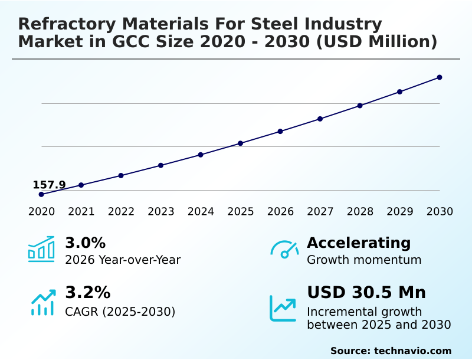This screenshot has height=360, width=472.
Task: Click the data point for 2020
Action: [x=41, y=194]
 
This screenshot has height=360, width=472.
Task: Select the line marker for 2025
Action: [x=241, y=143]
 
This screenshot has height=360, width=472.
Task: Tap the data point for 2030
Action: [x=440, y=77]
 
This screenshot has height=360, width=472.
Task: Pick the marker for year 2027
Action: [x=320, y=119]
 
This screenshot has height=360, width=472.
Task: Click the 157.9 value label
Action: [x=49, y=185]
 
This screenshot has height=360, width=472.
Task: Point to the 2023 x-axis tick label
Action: [x=160, y=211]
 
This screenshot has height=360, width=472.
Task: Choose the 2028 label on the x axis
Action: [x=360, y=211]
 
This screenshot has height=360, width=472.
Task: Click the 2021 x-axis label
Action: [x=81, y=211]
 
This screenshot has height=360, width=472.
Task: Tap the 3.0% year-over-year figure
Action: [x=85, y=243]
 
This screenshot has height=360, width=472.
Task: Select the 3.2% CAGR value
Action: [x=87, y=293]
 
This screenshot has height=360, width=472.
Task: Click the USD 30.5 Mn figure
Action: [x=366, y=293]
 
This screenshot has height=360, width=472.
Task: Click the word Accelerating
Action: [x=359, y=243]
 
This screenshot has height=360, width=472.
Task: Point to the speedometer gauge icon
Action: [x=284, y=250]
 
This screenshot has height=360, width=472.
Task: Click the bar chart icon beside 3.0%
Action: [x=41, y=250]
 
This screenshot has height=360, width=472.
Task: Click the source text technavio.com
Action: [x=412, y=351]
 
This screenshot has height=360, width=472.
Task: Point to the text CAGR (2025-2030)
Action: [x=120, y=312]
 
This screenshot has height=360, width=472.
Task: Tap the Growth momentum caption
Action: [x=364, y=260]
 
